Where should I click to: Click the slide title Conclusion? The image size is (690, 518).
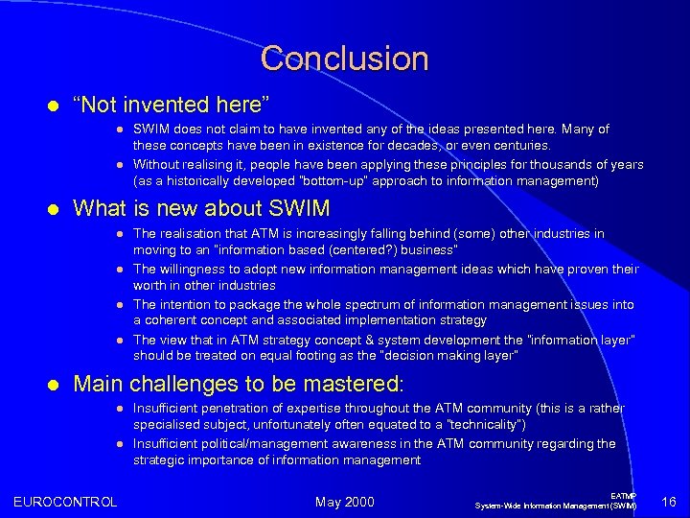point(344,59)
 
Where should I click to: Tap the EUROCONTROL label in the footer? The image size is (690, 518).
point(65,501)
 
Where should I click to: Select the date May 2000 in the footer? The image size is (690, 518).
point(345,501)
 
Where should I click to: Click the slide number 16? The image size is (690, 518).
point(669,501)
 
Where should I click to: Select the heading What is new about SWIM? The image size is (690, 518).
point(201,208)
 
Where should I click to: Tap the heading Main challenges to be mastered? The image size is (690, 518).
point(239,385)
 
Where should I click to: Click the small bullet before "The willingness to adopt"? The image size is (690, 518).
point(118,270)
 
